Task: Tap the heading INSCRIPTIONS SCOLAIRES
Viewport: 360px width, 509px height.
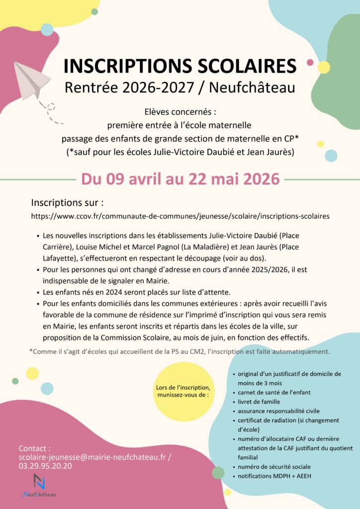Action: [x=180, y=66]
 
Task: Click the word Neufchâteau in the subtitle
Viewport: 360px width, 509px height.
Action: [x=252, y=87]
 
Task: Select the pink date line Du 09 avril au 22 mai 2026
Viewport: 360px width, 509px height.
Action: [x=180, y=178]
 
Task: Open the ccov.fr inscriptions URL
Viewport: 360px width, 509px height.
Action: [x=180, y=216]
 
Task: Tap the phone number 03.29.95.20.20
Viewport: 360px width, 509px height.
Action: [x=45, y=466]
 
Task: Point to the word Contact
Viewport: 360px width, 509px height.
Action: [x=34, y=448]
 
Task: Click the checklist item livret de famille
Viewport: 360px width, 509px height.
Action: [x=259, y=402]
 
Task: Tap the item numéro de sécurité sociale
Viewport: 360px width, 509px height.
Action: [x=274, y=467]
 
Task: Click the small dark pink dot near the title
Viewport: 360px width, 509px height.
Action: [x=310, y=63]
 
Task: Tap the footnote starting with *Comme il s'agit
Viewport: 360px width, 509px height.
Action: [x=180, y=351]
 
